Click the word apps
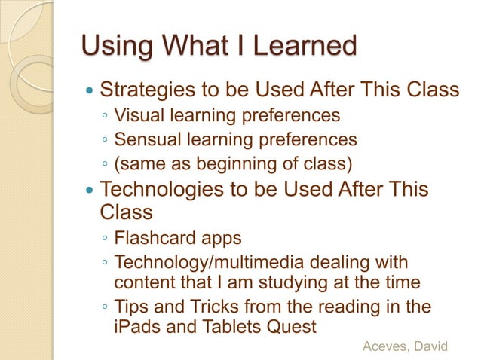tap(219, 239)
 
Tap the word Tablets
tap(227, 327)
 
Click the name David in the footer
tap(430, 346)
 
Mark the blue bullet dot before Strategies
tap(90, 92)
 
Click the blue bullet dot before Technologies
tap(90, 190)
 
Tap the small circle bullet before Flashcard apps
tap(105, 240)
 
